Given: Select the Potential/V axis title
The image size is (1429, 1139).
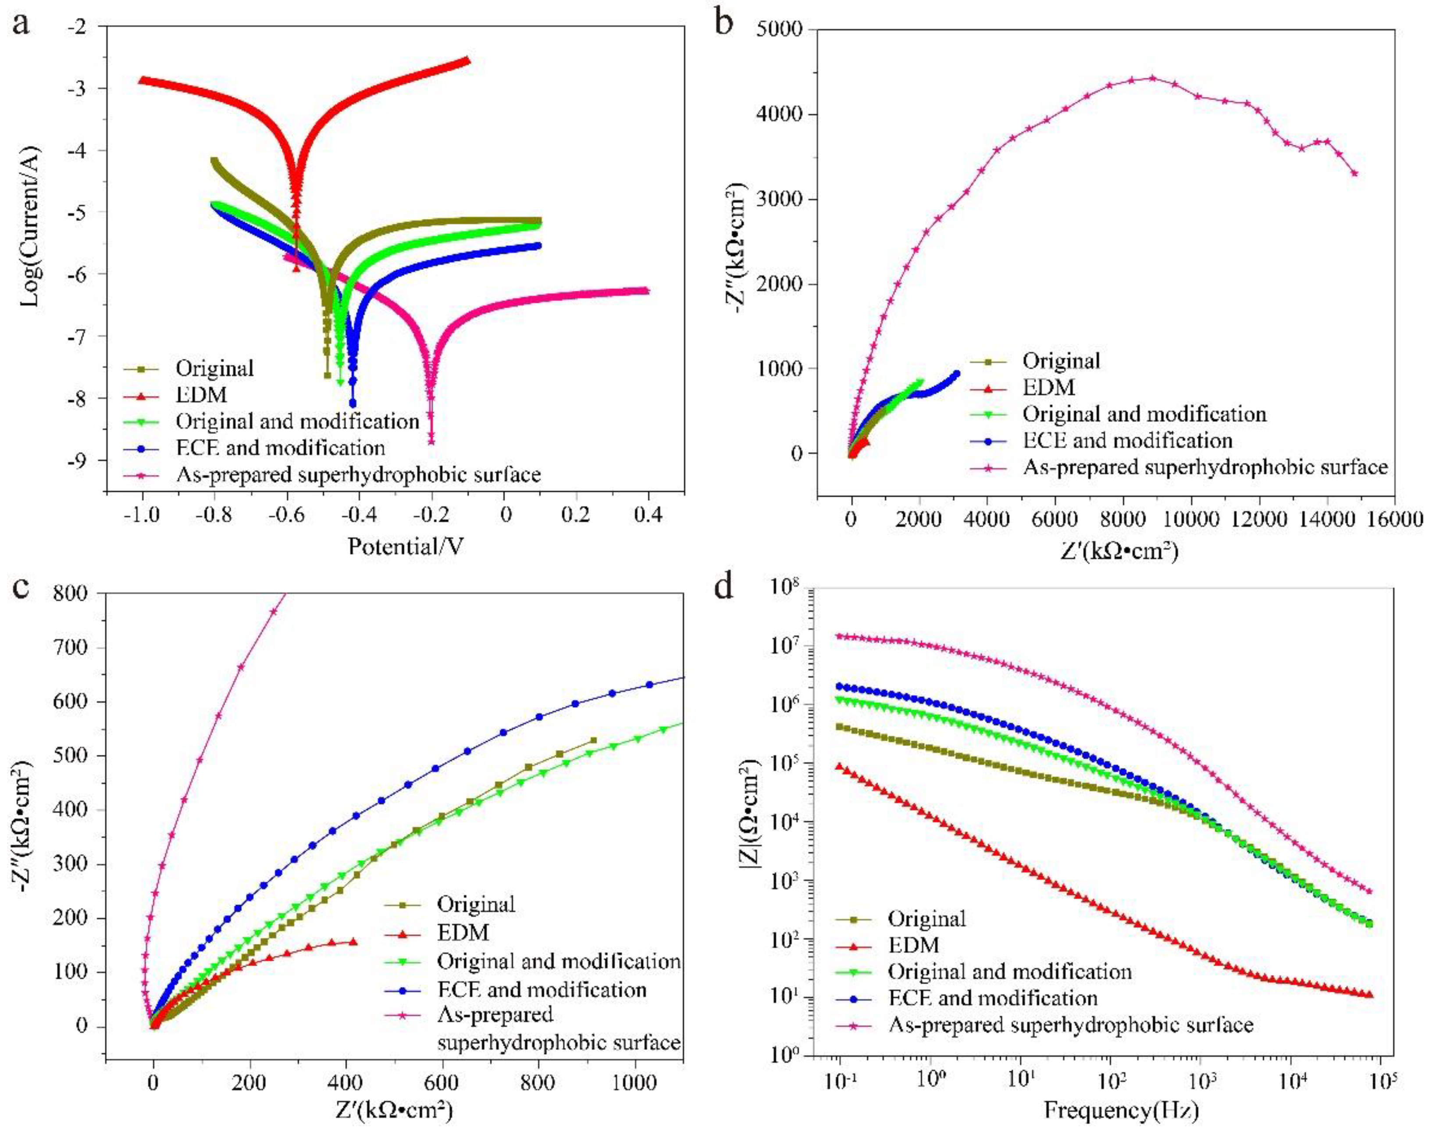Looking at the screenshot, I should tap(406, 546).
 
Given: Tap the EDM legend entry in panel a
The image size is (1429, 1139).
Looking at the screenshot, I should tap(201, 395).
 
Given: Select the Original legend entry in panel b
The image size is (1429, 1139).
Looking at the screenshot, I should tap(1061, 361).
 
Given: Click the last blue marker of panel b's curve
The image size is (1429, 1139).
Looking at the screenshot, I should tap(956, 373).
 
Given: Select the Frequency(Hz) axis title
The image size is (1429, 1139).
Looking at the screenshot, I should tap(1122, 1110).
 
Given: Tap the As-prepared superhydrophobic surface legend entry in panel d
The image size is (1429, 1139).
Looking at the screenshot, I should tap(1070, 1025).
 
